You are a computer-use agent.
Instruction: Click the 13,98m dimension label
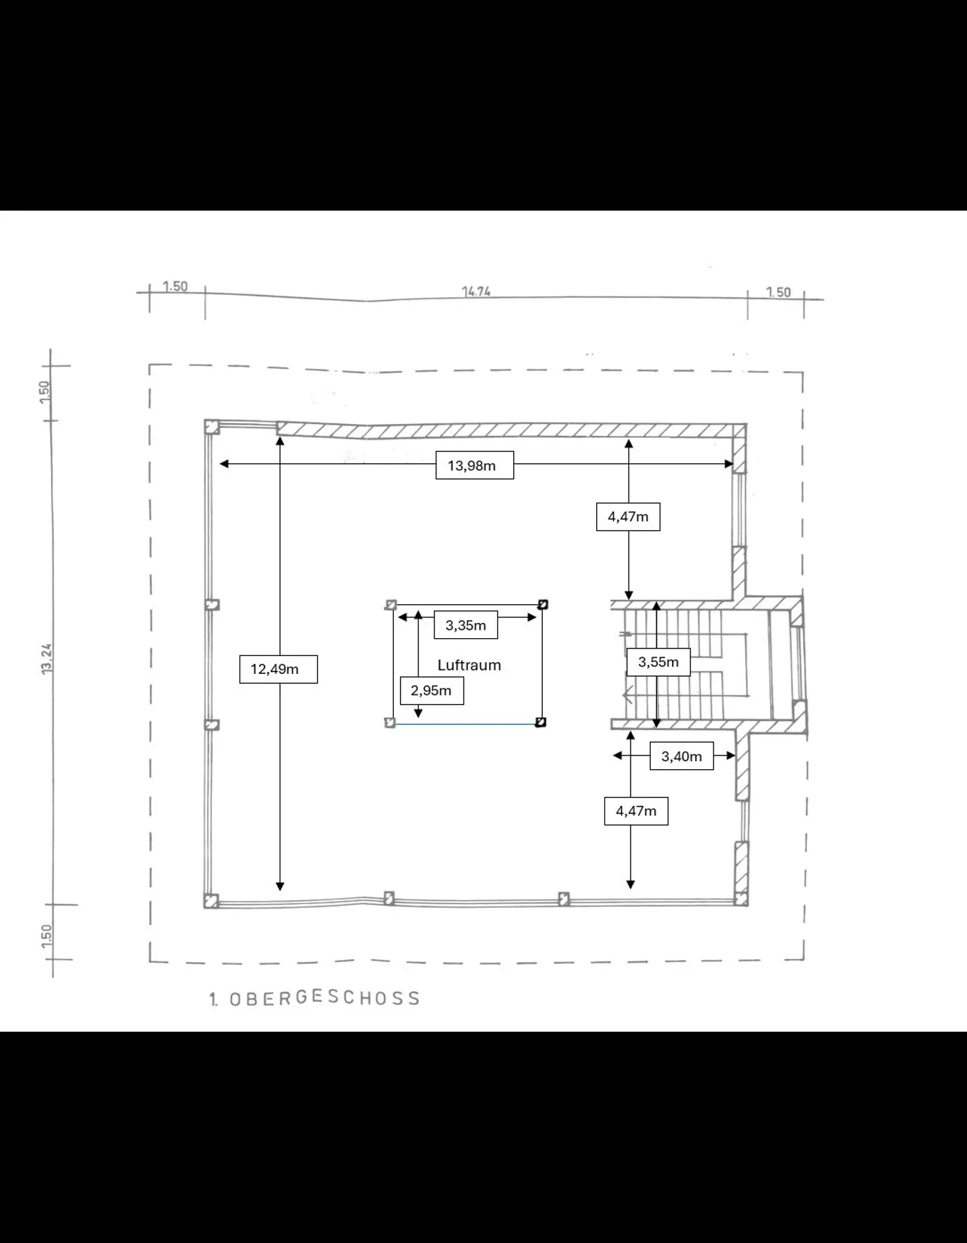475,465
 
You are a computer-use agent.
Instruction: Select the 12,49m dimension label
278,669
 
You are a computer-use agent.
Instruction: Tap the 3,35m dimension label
466,626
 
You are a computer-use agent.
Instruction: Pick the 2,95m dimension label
432,691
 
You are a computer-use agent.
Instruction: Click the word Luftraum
469,665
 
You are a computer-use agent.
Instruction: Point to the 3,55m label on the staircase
658,662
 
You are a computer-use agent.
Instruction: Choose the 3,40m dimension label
681,757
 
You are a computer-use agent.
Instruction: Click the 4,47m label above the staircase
628,517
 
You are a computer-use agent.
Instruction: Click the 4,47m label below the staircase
636,811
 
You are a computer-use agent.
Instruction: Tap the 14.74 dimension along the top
476,291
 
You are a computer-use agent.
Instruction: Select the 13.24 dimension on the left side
47,659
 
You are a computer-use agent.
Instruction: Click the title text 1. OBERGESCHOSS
315,998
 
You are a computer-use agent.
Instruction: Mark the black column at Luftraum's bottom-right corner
541,722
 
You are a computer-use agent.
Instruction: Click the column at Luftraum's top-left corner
391,605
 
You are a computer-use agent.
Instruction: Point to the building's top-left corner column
212,427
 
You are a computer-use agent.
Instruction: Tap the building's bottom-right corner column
740,898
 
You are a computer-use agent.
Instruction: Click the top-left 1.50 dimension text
175,286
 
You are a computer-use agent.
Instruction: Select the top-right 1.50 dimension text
778,292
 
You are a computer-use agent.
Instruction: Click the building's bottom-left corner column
211,900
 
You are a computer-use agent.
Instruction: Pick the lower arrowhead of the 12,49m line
280,887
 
